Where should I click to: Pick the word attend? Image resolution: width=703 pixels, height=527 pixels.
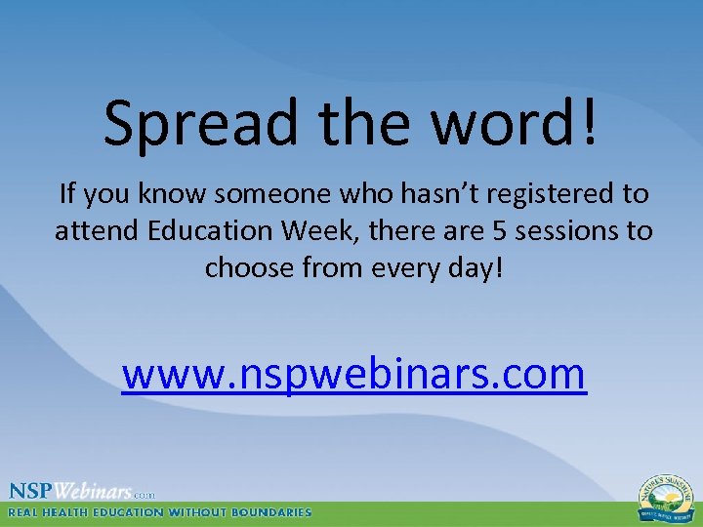coord(95,231)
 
